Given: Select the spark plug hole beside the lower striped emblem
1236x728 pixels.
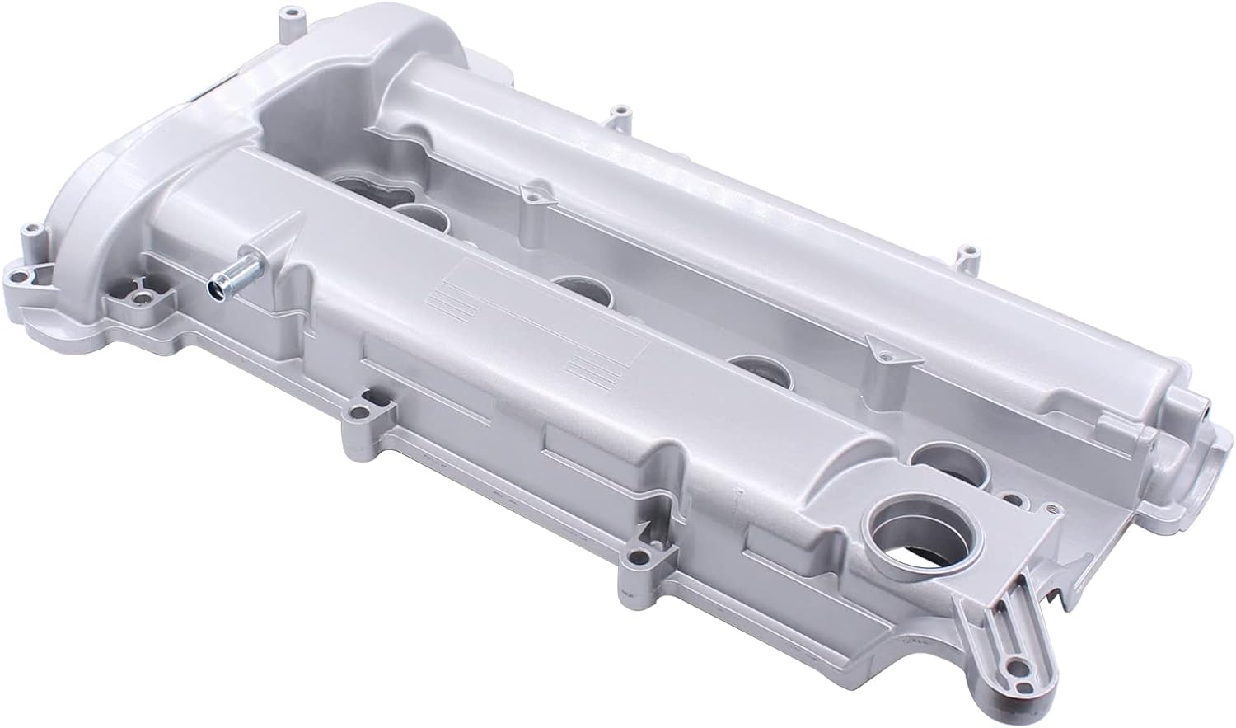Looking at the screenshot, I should click(x=751, y=366).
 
